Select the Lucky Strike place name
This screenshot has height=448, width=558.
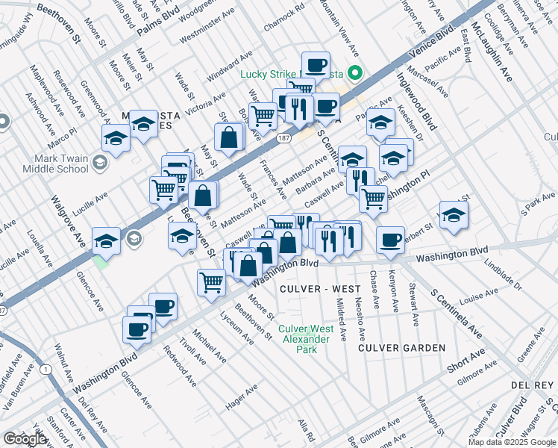point(271,73)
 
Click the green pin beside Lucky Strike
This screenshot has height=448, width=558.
point(356,73)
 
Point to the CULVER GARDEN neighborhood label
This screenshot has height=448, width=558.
point(401,348)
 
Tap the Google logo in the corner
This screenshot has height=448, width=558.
point(25,439)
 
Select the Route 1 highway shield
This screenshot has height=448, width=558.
point(46,369)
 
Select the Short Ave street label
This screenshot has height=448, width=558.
point(466,359)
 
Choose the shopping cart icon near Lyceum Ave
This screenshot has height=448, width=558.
point(212,282)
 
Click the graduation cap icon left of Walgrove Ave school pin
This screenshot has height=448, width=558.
point(106,240)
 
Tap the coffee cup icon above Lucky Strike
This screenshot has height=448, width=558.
point(316,64)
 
